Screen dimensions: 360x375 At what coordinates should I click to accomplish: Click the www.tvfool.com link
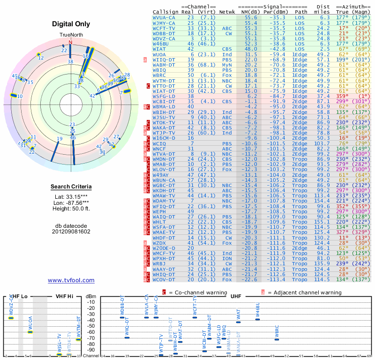tap(71, 280)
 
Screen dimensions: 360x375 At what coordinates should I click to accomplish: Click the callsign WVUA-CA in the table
tap(164, 17)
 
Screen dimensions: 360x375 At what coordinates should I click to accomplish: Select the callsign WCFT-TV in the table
tap(164, 28)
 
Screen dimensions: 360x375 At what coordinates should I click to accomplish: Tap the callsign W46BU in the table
tap(162, 44)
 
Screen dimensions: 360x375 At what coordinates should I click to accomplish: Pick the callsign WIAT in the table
tap(159, 49)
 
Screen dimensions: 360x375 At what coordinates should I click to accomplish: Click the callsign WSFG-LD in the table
tap(164, 96)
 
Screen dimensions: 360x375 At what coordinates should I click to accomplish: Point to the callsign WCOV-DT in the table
tap(164, 280)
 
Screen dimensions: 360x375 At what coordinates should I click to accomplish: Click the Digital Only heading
tap(71, 24)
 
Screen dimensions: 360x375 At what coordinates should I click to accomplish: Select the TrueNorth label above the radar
tap(71, 36)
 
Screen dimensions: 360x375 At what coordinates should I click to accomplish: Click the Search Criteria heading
tap(71, 187)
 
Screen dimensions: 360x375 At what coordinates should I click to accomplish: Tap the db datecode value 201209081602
tap(71, 232)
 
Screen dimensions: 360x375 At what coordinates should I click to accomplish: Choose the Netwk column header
tap(227, 11)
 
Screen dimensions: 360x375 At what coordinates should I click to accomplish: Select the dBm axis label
tap(90, 296)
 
